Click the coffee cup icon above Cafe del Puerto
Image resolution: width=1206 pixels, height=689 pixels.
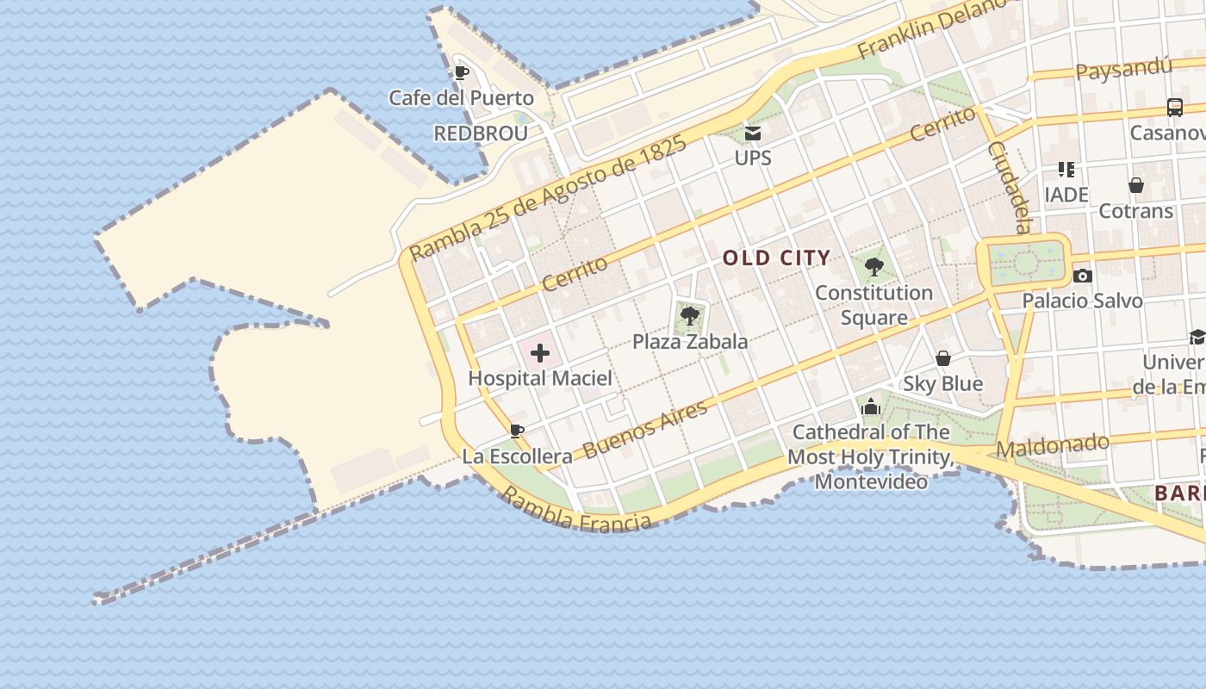pos(461,72)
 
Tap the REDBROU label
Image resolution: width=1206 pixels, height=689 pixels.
pos(481,133)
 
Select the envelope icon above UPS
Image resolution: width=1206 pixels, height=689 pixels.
pos(753,133)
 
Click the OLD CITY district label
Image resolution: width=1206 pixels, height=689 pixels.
pos(776,258)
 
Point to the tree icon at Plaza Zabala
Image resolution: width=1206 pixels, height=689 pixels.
pos(689,316)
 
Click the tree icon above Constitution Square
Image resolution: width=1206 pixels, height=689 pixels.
pos(873,267)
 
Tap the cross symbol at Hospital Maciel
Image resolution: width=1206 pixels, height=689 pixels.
pos(540,353)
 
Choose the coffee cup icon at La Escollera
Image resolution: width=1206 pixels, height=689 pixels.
pos(517,431)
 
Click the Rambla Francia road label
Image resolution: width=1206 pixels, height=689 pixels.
pos(576,510)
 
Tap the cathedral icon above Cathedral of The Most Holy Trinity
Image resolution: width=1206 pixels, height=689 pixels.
pos(871,406)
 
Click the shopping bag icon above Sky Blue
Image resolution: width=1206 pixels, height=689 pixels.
pos(943,358)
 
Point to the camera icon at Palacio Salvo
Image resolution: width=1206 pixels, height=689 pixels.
pos(1083,276)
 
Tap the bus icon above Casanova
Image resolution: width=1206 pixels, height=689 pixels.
pos(1174,108)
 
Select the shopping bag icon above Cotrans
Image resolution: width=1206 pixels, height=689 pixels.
pos(1136,185)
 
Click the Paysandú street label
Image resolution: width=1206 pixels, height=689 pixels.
pos(1124,68)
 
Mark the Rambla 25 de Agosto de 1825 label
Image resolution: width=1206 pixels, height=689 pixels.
pos(548,198)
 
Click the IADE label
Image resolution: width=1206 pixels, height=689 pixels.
pos(1066,195)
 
